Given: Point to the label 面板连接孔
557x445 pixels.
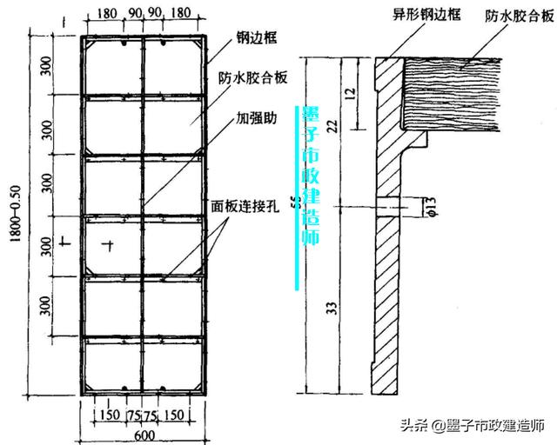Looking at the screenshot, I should [x=245, y=209].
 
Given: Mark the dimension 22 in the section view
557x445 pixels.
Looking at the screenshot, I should [x=332, y=125].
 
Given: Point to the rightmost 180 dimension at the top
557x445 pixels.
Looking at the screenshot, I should [x=179, y=16].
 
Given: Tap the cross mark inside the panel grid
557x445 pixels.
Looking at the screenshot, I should [x=107, y=245].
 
